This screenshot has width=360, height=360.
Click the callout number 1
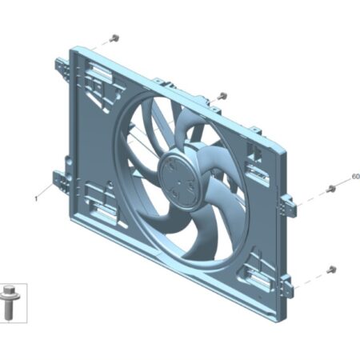[x=36, y=199]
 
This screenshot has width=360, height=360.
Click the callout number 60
[x=356, y=177]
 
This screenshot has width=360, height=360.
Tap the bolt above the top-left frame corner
[x=114, y=38]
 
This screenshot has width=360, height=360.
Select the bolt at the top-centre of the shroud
[x=222, y=96]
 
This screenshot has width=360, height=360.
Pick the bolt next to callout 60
[x=331, y=189]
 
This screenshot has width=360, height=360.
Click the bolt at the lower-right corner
[x=331, y=270]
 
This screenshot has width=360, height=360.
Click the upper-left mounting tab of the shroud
[x=62, y=67]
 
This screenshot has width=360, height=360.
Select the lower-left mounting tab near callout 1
[x=61, y=181]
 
